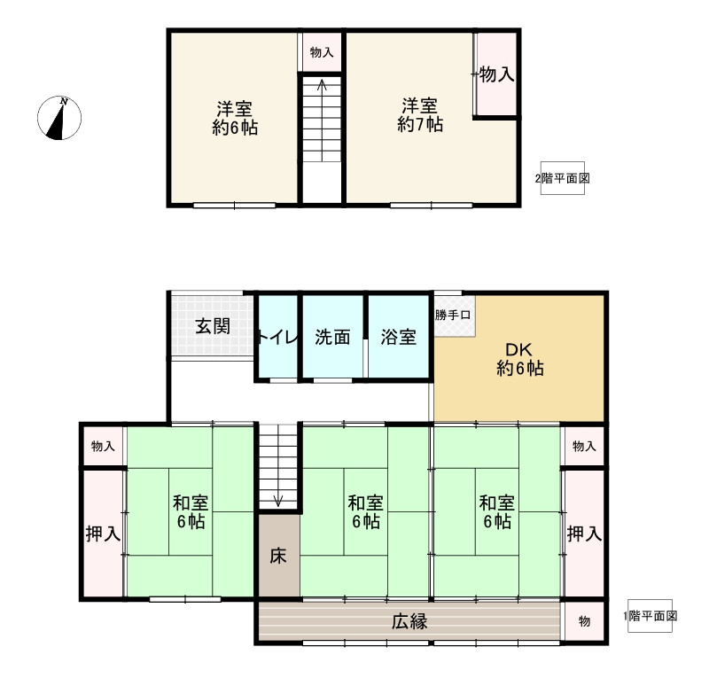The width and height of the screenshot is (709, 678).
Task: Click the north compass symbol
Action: click(x=60, y=118)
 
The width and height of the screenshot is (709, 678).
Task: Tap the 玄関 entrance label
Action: click(x=213, y=325)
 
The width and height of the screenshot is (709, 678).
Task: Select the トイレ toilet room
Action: click(x=277, y=337)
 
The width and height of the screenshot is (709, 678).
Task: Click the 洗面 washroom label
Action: click(x=332, y=337)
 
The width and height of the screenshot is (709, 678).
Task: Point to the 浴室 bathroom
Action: click(x=399, y=337)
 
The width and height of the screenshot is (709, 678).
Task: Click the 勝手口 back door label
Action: click(x=453, y=315)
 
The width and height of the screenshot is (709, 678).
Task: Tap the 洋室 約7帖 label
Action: click(x=419, y=116)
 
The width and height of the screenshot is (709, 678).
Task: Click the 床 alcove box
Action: click(x=278, y=556)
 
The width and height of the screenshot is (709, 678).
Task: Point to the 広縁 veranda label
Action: click(x=409, y=621)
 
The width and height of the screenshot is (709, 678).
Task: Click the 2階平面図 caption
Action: click(x=562, y=178)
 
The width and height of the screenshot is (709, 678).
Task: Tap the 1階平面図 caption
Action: click(x=651, y=615)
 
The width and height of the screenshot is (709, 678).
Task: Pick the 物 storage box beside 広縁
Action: click(x=585, y=621)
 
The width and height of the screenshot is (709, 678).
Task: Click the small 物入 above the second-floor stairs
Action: click(x=321, y=53)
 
